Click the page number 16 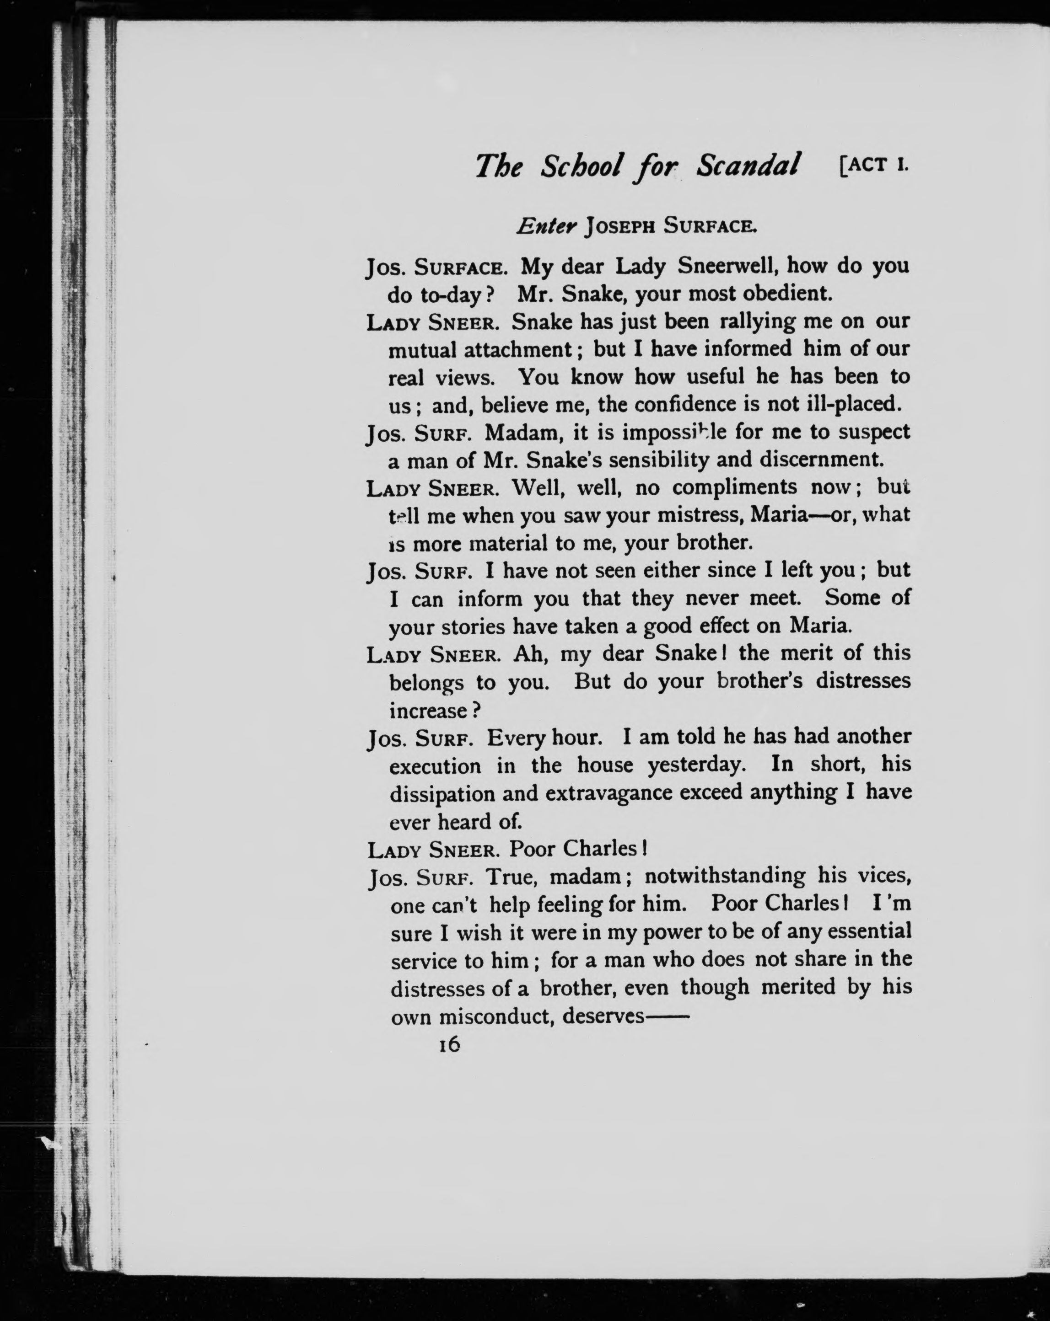point(449,1045)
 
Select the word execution point(435,766)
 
